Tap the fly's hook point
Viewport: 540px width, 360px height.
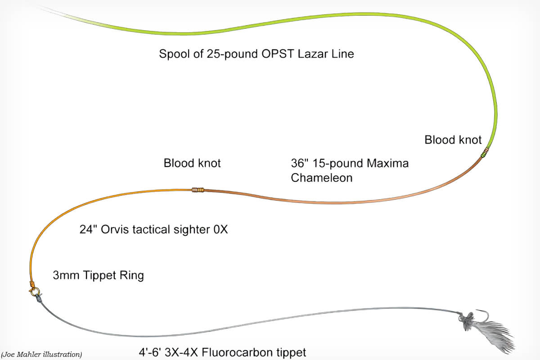(477, 310)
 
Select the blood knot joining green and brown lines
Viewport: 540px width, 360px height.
(484, 153)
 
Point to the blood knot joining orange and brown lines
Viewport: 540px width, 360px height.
(198, 190)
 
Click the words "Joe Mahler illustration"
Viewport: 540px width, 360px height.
(41, 355)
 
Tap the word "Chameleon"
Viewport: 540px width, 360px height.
(322, 178)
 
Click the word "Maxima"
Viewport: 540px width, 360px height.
(387, 163)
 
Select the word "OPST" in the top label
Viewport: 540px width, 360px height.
(278, 54)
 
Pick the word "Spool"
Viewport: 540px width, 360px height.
(174, 54)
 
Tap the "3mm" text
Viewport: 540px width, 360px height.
(66, 275)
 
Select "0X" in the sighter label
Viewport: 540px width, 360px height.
(220, 229)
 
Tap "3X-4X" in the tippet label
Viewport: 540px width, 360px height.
(181, 352)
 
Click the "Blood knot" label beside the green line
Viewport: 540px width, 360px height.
(453, 140)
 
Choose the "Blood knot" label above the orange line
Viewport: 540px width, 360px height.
(192, 163)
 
